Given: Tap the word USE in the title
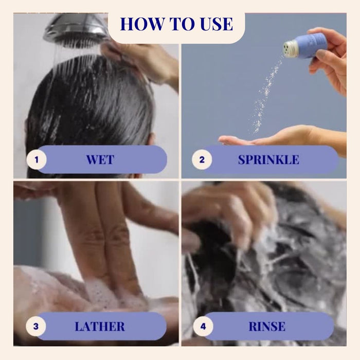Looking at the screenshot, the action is pyautogui.click(x=217, y=24).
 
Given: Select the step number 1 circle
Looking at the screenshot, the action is pyautogui.click(x=37, y=159).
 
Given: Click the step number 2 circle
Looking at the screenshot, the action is pyautogui.click(x=202, y=159).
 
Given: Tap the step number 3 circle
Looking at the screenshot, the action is pyautogui.click(x=36, y=326).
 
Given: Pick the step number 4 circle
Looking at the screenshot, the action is pyautogui.click(x=203, y=326).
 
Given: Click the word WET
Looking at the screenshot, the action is pyautogui.click(x=100, y=159).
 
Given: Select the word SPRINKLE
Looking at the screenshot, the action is pyautogui.click(x=268, y=159).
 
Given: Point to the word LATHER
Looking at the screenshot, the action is pyautogui.click(x=100, y=327).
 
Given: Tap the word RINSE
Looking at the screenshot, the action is pyautogui.click(x=267, y=327).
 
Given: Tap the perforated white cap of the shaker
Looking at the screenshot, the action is pyautogui.click(x=290, y=48).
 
